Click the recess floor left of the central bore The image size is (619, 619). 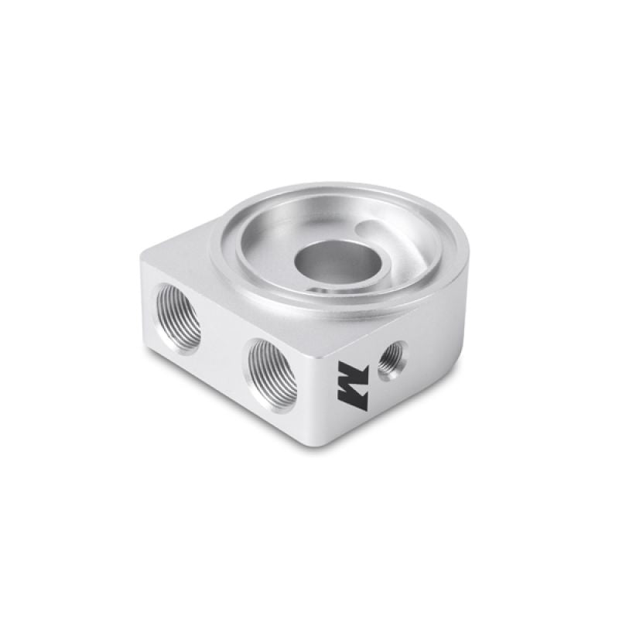pyautogui.click(x=267, y=248)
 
